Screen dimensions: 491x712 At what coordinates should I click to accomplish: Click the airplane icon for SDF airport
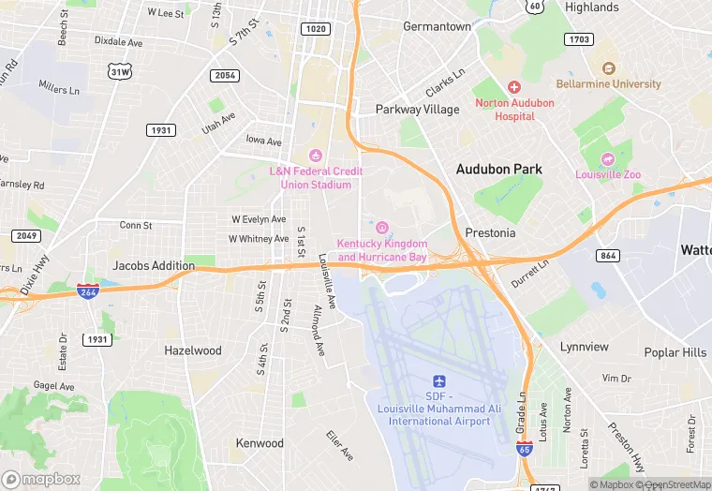point(438,380)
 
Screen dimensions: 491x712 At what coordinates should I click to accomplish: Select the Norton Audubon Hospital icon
point(513,86)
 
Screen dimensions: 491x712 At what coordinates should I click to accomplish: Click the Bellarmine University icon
point(609,68)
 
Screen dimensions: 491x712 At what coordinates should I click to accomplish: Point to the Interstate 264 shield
point(88,290)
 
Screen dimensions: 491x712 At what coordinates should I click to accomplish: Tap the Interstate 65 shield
point(524,450)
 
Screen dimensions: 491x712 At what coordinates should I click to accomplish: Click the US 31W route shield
point(119,71)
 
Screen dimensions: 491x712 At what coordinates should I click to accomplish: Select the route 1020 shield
point(315,29)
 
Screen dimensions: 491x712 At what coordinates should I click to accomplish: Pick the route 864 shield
point(608,256)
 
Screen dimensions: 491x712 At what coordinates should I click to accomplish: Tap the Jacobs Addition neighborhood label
point(154,266)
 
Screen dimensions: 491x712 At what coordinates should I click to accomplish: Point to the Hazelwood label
point(193,350)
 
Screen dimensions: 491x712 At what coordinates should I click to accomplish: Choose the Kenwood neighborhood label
point(260,443)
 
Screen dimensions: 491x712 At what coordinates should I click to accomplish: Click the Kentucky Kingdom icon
point(381,228)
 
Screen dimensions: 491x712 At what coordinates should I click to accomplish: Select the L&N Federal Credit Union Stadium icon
point(316,156)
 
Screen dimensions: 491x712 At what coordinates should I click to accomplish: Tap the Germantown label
point(437,26)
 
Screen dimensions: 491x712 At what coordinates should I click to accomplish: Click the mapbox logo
point(41,479)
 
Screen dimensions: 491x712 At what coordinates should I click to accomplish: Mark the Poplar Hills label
point(675,352)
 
